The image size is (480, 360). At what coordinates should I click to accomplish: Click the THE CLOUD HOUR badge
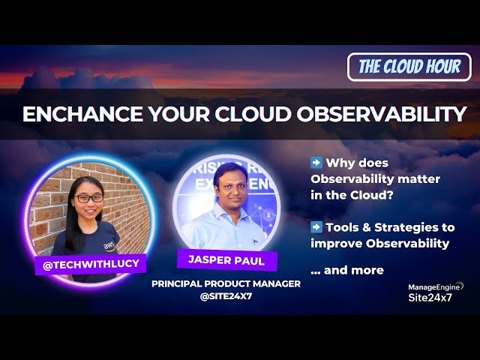tap(409, 67)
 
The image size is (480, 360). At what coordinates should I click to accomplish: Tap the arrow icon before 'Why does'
tap(316, 163)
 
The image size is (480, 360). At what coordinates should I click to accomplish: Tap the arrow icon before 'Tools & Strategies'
tap(316, 226)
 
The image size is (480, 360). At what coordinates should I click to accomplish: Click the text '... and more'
tap(346, 270)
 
